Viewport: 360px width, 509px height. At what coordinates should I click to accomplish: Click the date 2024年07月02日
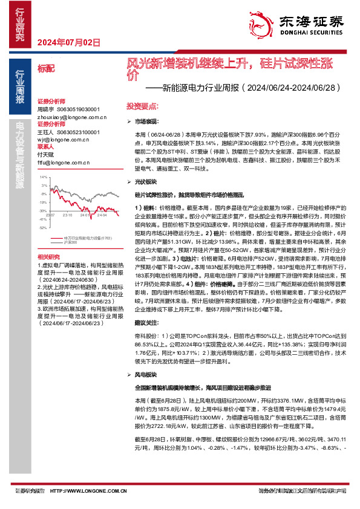click(68, 42)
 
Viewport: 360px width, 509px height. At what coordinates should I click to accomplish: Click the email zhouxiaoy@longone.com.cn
click(64, 118)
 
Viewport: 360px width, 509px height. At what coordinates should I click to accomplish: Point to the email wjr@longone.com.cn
click(59, 139)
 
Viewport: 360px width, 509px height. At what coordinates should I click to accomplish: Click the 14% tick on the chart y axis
click(42, 178)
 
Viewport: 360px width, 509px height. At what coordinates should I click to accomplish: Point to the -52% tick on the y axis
click(42, 228)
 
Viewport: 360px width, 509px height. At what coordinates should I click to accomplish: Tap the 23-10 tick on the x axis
click(67, 215)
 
